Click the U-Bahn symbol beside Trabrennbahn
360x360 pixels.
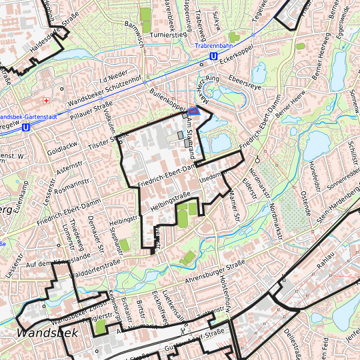213,57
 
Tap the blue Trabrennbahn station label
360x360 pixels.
213,46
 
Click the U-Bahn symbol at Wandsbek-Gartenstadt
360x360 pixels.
25,126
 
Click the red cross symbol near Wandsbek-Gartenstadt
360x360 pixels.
46,101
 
